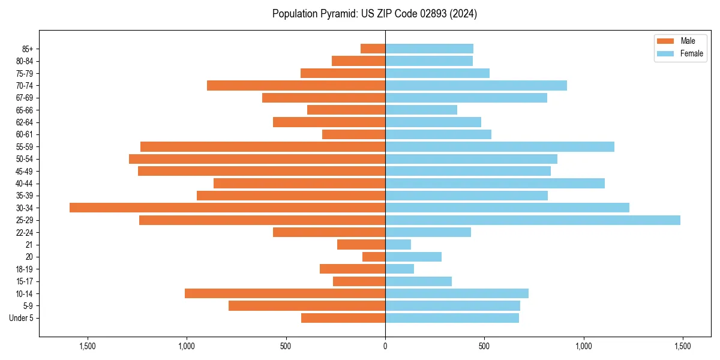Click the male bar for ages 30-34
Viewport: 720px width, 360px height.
click(x=227, y=208)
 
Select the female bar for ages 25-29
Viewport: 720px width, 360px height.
click(x=533, y=220)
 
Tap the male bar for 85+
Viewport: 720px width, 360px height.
click(x=373, y=49)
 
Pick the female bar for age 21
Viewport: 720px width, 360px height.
click(x=398, y=245)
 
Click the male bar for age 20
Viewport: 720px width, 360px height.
click(x=374, y=257)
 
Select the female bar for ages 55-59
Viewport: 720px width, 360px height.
click(x=500, y=147)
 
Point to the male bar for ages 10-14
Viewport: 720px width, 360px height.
click(x=285, y=293)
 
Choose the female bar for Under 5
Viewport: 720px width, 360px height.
click(x=452, y=318)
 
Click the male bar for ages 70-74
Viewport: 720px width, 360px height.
click(x=296, y=85)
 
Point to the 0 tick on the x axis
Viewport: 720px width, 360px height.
click(x=385, y=347)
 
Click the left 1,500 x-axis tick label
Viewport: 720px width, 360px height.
click(x=88, y=347)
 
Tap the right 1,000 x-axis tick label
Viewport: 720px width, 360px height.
click(x=583, y=347)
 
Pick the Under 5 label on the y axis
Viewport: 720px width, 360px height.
click(x=21, y=318)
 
